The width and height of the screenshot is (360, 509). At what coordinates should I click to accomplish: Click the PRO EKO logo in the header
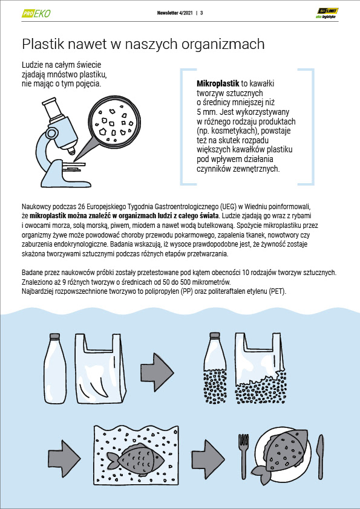click(x=36, y=13)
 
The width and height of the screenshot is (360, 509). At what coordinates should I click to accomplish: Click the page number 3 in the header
click(x=201, y=13)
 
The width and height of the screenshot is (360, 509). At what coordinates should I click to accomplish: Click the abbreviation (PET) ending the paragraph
click(x=278, y=291)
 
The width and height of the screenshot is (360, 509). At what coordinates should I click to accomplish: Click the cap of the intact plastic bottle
click(x=54, y=336)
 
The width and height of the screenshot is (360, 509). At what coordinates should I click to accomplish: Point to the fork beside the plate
click(x=243, y=457)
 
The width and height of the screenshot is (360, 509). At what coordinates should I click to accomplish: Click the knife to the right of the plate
click(x=319, y=457)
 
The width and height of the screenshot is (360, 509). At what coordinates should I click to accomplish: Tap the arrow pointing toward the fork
click(x=208, y=457)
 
